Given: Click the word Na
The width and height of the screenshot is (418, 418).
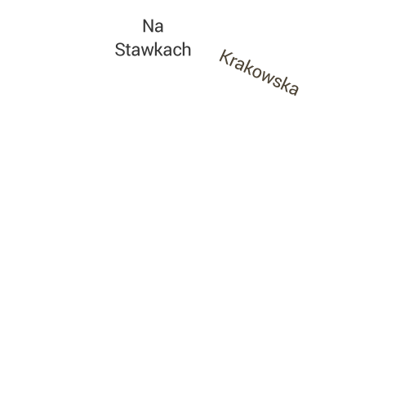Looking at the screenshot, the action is coord(153,26).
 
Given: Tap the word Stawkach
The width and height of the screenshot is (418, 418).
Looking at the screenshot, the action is coord(153,50).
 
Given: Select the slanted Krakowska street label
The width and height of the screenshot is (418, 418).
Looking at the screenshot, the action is coord(259,73).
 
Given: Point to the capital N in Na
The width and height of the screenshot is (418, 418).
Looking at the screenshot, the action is coord(148,26).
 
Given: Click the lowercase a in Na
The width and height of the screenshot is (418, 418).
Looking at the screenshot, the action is coord(159,28).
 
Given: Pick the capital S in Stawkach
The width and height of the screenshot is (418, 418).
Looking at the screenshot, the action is coord(120,50).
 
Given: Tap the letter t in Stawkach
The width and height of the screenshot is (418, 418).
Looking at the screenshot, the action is coord(129,51).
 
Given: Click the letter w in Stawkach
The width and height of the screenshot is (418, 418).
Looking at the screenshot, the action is coord(149,51).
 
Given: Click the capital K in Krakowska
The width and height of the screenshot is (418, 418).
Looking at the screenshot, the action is coord(226,58).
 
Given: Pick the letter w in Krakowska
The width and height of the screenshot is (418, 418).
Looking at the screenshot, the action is coord(269,78).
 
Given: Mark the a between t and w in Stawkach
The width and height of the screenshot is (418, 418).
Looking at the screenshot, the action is coord(137,51).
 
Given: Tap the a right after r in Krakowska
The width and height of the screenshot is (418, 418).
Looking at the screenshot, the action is coord(241,66).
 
